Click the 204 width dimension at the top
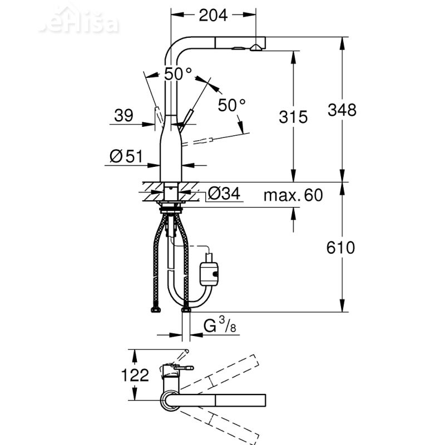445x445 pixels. (x=213, y=16)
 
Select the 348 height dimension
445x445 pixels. (x=342, y=110)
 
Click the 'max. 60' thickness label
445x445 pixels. (x=293, y=195)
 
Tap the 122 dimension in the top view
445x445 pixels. (x=136, y=375)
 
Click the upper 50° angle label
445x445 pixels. (x=178, y=74)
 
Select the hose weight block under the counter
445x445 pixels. (x=209, y=274)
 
